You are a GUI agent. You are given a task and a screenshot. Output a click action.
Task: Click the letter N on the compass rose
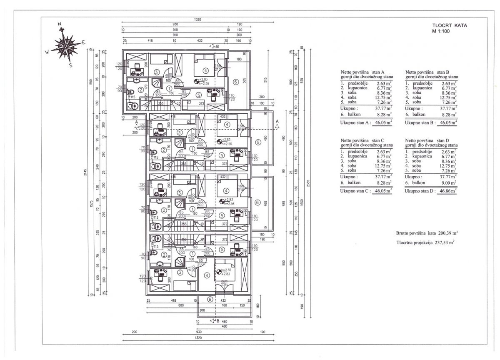(x=60, y=24)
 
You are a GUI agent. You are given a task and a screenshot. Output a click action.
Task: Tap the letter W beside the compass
(x=47, y=52)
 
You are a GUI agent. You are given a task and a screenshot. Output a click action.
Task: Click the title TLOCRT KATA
(x=449, y=25)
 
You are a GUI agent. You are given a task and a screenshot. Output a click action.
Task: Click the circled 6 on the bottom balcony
(x=210, y=299)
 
